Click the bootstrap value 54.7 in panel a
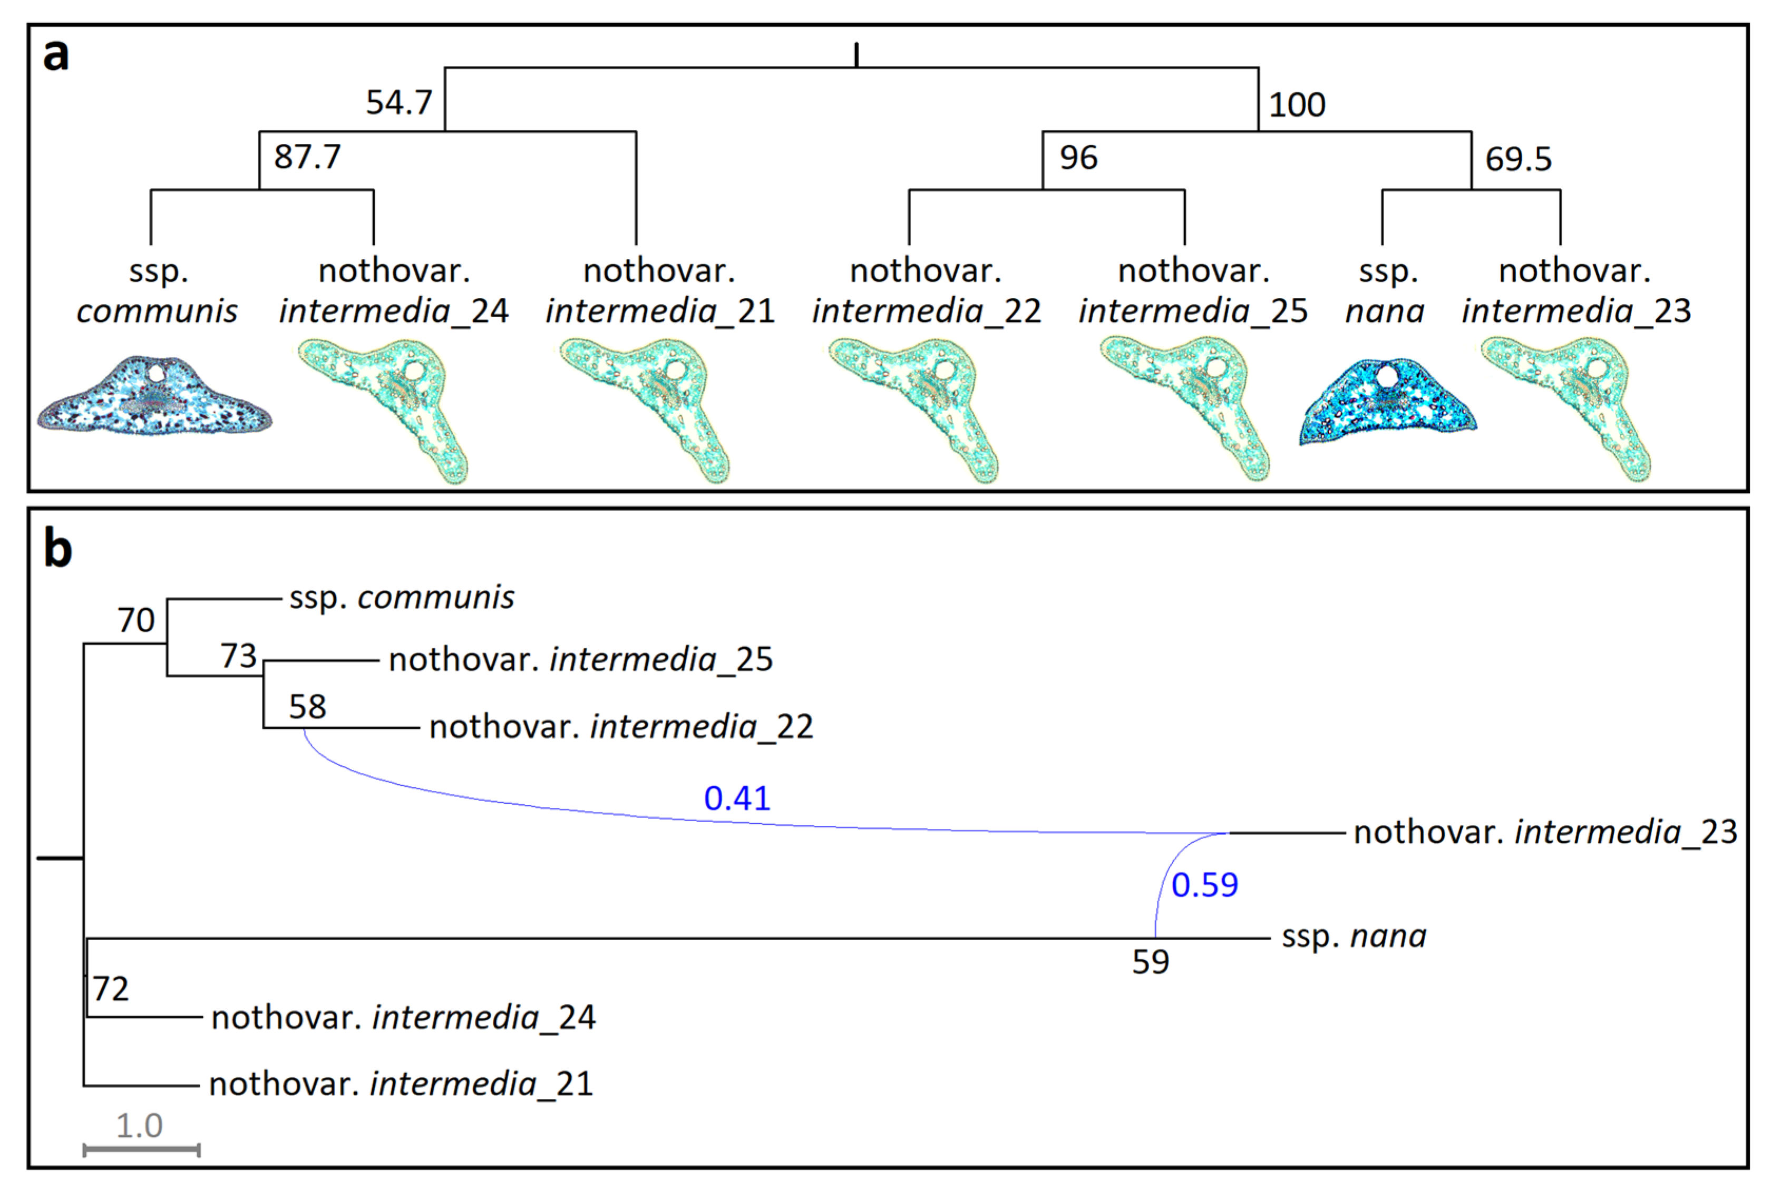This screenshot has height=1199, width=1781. pos(398,102)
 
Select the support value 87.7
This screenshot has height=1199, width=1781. pos(307,158)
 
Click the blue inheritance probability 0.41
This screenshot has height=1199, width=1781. pos(736,798)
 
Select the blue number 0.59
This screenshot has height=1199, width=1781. pos(1204,885)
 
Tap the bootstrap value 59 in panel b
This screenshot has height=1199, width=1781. pos(1150,962)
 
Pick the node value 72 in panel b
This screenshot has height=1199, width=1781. pos(110,989)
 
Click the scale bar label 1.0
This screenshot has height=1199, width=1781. pos(139,1126)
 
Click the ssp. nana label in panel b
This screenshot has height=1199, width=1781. pos(1353,936)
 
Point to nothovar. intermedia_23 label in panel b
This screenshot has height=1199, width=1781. pos(1545,832)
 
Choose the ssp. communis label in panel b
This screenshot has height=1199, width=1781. pos(401,597)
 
